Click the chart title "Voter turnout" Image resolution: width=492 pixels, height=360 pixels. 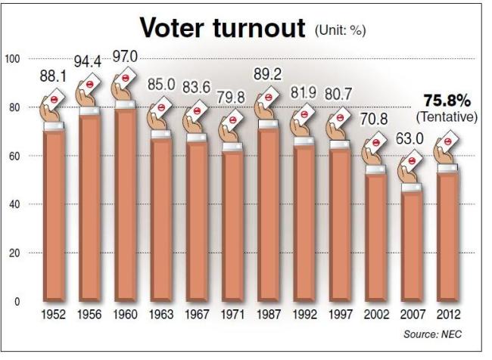coord(223,27)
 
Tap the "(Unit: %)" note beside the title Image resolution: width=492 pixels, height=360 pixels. coord(341,30)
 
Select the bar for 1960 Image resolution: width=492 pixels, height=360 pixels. coord(126,205)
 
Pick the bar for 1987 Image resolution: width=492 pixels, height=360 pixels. coord(269,215)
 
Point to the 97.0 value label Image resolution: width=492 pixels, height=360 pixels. coord(125,57)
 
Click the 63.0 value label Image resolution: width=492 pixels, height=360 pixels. coord(409,138)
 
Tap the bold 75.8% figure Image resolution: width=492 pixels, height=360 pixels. coord(447,101)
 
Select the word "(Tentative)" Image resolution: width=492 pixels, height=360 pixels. coord(447,117)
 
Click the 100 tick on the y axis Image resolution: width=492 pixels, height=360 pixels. coord(13,59)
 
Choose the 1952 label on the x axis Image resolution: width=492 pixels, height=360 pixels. coord(53,314)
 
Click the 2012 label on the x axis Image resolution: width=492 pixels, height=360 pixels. coord(448,314)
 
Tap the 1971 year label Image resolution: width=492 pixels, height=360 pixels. coord(232,314)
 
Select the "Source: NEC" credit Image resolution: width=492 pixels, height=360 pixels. coord(433,334)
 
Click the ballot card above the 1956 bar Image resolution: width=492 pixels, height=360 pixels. coord(91,84)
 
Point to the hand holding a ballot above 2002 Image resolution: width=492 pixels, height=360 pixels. coord(373,151)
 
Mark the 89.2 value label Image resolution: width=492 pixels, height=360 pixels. coord(268,74)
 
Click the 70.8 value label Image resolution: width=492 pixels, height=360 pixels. coord(374,119)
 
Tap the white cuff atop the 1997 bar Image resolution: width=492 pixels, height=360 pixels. coord(340,144)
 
